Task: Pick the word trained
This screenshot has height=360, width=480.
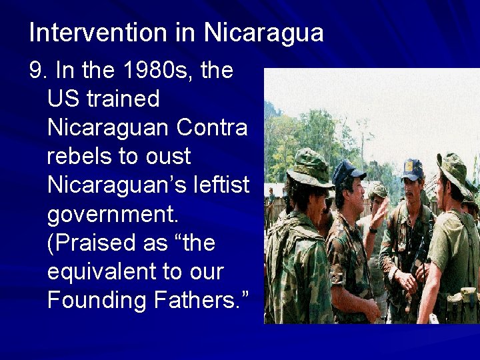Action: (127, 99)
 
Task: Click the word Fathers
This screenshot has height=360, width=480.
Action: (201, 300)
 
